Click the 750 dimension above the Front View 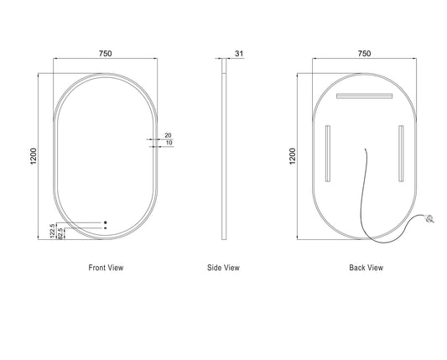[x=105, y=54]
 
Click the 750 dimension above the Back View [x=364, y=54]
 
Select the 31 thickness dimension [x=239, y=54]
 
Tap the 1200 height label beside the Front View [x=34, y=156]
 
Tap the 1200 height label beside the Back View [x=293, y=156]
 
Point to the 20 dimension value [x=169, y=135]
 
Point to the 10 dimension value [x=169, y=143]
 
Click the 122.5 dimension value [x=53, y=231]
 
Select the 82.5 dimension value [x=60, y=233]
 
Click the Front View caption [x=106, y=268]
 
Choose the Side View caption [x=223, y=268]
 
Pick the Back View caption [x=366, y=268]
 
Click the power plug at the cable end [x=429, y=219]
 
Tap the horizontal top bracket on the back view [x=364, y=96]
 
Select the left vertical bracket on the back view [x=328, y=154]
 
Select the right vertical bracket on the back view [x=401, y=154]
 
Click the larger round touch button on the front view [x=106, y=222]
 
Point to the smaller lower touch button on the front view [x=106, y=228]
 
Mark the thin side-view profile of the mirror [x=224, y=149]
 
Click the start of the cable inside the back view [x=366, y=149]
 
